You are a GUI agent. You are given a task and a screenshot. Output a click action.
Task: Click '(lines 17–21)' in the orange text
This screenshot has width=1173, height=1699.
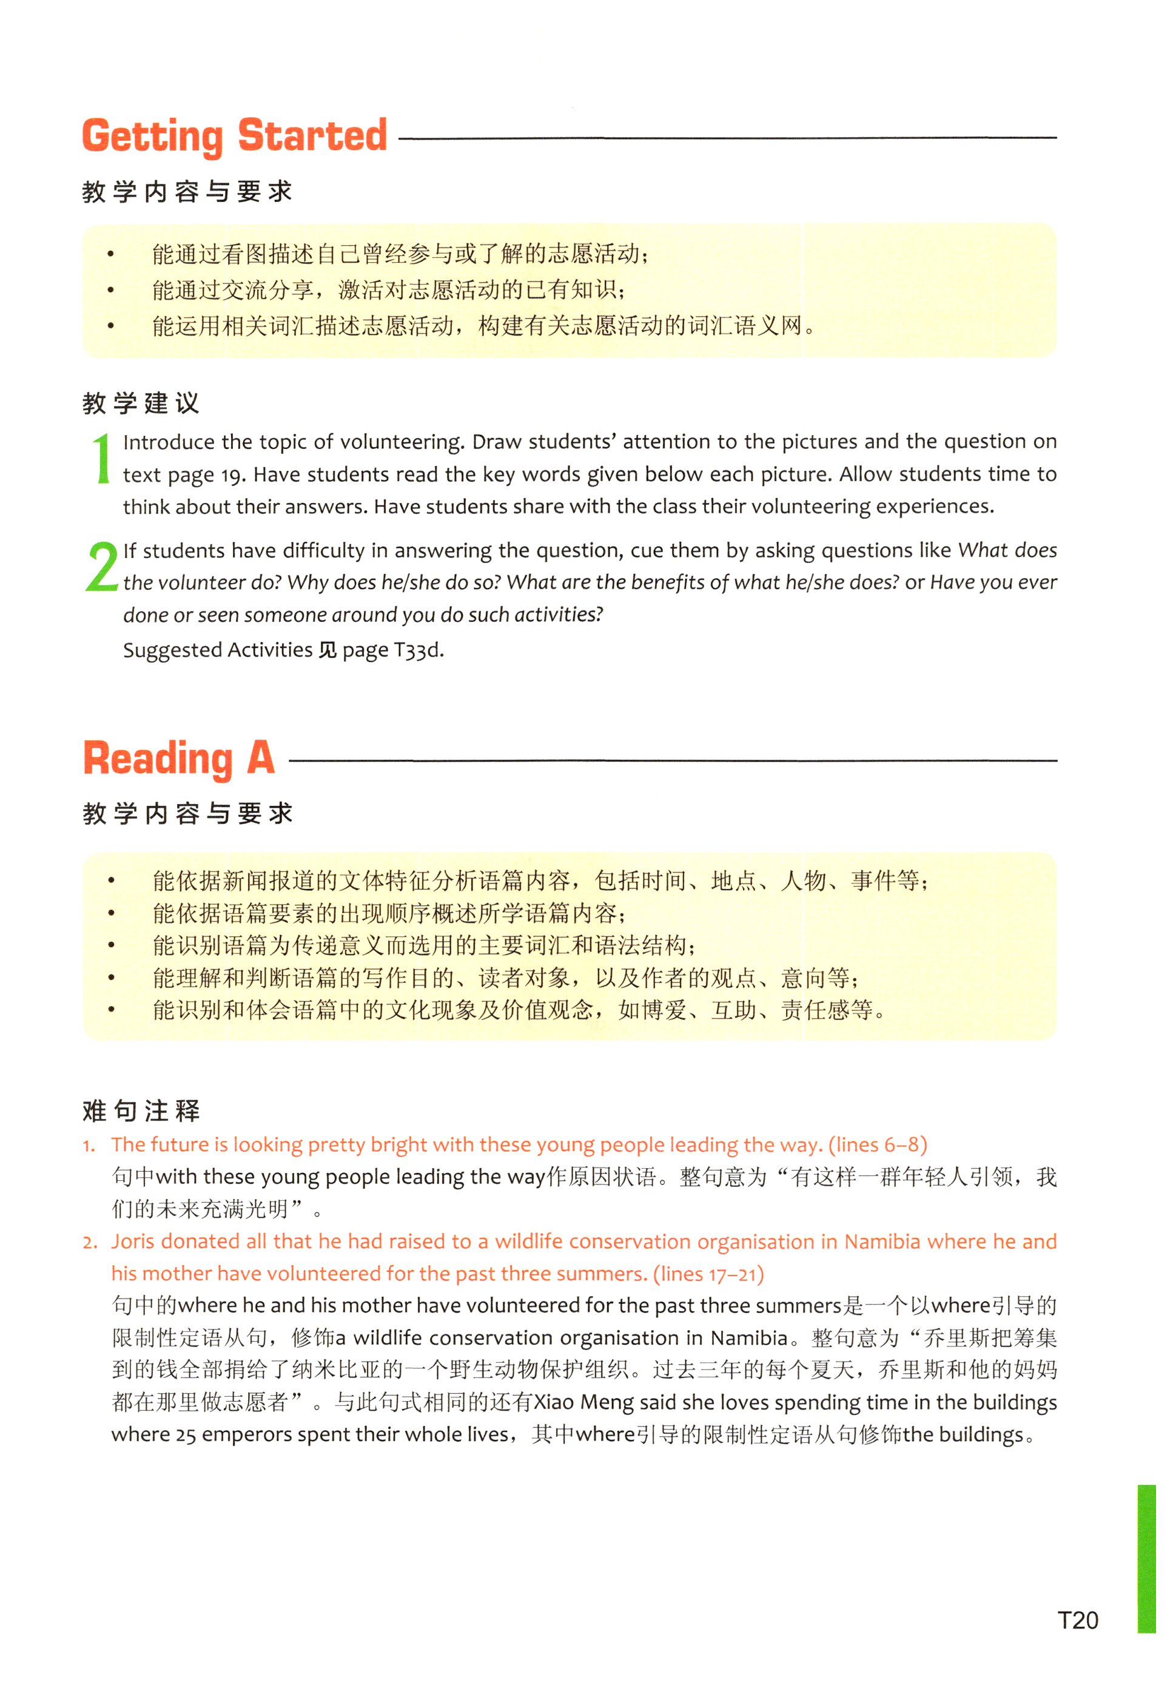(x=708, y=1274)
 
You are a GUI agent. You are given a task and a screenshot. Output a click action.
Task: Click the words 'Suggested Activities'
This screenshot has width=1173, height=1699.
(x=218, y=650)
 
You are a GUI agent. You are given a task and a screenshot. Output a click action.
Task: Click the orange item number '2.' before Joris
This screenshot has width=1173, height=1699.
(x=90, y=1243)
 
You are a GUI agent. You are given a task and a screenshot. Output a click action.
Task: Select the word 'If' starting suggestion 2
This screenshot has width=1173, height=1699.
(x=130, y=550)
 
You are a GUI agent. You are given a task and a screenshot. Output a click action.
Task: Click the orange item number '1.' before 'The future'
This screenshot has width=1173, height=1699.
(x=89, y=1146)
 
